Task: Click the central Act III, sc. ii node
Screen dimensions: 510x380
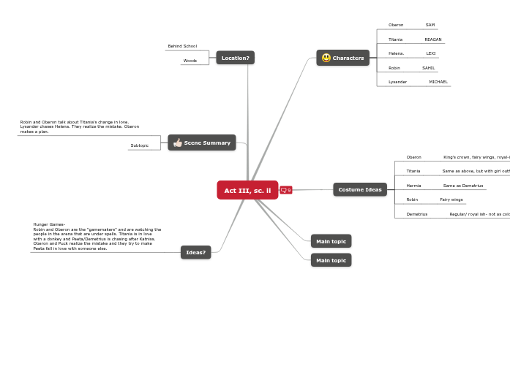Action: point(247,190)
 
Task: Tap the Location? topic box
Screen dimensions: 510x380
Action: point(235,58)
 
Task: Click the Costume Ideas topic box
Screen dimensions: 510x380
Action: point(360,189)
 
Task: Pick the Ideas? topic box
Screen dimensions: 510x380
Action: point(195,252)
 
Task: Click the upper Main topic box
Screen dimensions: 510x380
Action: point(331,241)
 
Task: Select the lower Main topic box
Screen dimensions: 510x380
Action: point(331,260)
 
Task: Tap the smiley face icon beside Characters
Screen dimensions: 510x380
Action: point(326,58)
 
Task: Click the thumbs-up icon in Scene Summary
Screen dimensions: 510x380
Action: point(178,142)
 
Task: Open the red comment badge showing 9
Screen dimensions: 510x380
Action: point(286,190)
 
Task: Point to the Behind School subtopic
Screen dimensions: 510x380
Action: point(182,46)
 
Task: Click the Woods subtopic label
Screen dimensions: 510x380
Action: point(190,61)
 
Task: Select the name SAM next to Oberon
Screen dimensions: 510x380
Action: point(430,25)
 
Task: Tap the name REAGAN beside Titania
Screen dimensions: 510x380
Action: point(433,39)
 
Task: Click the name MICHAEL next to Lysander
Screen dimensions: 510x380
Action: point(438,82)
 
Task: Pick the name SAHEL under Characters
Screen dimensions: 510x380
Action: point(429,68)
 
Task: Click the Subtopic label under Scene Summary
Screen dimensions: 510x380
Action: point(140,145)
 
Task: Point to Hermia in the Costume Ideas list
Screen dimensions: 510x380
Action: point(414,186)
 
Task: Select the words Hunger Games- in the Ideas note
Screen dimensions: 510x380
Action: point(49,224)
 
